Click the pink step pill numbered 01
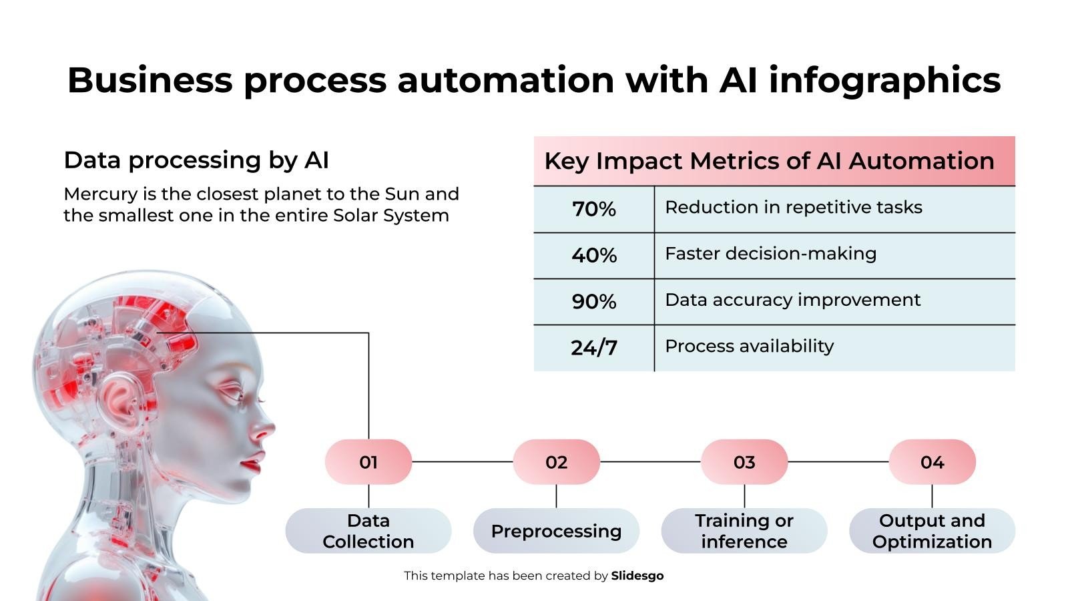(x=368, y=461)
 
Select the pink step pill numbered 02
(x=556, y=461)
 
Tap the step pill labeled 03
(x=744, y=461)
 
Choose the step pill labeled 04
(x=932, y=461)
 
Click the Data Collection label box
(x=368, y=531)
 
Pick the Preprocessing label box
(x=556, y=531)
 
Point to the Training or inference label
(x=744, y=531)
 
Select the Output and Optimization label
(x=932, y=531)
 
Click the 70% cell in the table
(x=593, y=210)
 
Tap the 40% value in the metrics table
(x=593, y=256)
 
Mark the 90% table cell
(x=593, y=302)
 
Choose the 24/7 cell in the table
(x=593, y=348)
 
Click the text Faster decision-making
(x=770, y=254)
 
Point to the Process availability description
(x=749, y=347)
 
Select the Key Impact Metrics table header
(x=774, y=161)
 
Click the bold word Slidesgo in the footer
(x=637, y=576)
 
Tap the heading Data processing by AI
(x=196, y=160)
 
